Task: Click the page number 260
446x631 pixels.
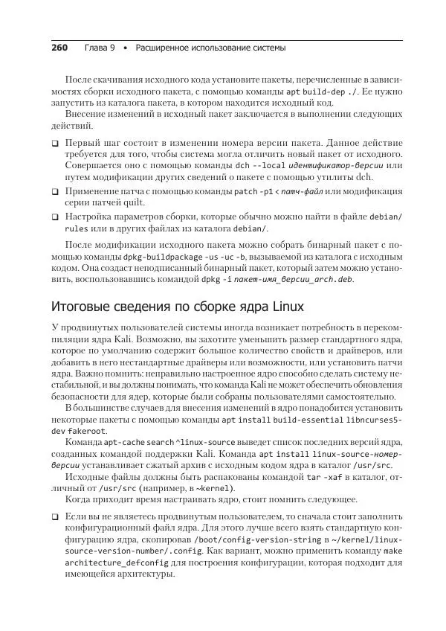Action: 59,48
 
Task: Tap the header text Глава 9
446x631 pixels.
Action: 100,48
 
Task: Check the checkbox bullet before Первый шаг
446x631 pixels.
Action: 55,141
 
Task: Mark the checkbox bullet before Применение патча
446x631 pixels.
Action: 55,191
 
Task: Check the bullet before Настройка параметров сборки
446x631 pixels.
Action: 55,217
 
